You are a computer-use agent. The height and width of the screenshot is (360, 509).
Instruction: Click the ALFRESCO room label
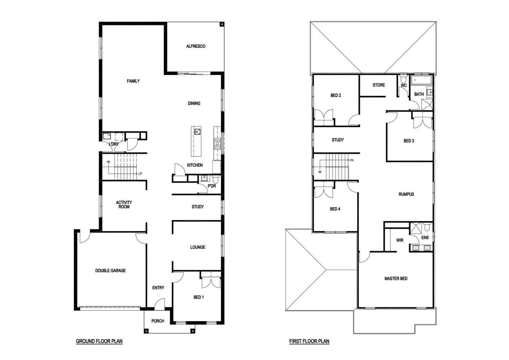(x=196, y=46)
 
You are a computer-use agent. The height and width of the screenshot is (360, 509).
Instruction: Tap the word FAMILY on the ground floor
(x=133, y=81)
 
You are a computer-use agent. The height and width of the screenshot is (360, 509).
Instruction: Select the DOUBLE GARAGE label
(x=110, y=271)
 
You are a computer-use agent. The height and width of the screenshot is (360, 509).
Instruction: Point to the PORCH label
(x=158, y=321)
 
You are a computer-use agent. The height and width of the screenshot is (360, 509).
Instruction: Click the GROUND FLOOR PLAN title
(x=99, y=341)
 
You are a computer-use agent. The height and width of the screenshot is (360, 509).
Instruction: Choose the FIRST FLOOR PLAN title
(x=309, y=341)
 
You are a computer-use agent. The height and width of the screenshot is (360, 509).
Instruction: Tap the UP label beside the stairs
(x=140, y=174)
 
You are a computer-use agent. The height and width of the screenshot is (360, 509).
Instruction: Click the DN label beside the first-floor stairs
(x=351, y=160)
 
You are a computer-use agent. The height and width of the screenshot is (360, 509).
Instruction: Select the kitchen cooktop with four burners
(x=217, y=144)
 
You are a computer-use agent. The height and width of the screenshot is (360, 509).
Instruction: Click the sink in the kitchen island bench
(x=197, y=131)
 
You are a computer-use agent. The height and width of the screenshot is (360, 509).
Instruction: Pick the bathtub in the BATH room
(x=421, y=80)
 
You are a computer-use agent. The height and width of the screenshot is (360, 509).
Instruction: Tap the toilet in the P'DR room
(x=216, y=179)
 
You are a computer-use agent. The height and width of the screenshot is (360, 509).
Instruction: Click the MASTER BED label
(x=396, y=279)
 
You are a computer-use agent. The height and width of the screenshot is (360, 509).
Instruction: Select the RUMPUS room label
(x=406, y=194)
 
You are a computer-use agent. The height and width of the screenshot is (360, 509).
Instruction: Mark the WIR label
(x=400, y=240)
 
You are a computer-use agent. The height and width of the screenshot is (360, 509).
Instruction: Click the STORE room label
(x=379, y=85)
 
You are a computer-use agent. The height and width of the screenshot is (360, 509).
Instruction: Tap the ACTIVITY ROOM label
(x=124, y=204)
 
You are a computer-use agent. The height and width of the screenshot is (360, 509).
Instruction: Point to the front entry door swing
(x=160, y=303)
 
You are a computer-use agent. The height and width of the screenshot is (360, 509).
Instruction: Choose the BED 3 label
(x=409, y=141)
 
